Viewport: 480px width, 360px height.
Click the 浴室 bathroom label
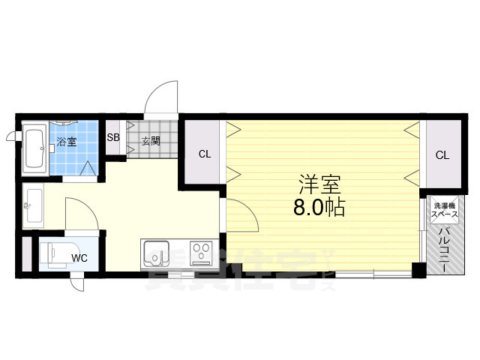pyautogui.click(x=67, y=140)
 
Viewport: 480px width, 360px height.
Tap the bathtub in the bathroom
pyautogui.click(x=34, y=148)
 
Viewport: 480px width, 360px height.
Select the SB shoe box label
pyautogui.click(x=113, y=138)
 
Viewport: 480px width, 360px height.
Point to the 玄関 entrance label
pyautogui.click(x=151, y=140)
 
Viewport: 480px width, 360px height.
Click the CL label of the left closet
pyautogui.click(x=204, y=155)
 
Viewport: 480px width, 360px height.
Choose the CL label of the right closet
pyautogui.click(x=442, y=155)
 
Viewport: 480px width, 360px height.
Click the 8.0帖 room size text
pyautogui.click(x=319, y=208)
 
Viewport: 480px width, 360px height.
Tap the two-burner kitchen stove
pyautogui.click(x=202, y=253)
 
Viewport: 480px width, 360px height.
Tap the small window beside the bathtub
pyautogui.click(x=10, y=136)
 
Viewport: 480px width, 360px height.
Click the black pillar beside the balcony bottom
pyautogui.click(x=418, y=269)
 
